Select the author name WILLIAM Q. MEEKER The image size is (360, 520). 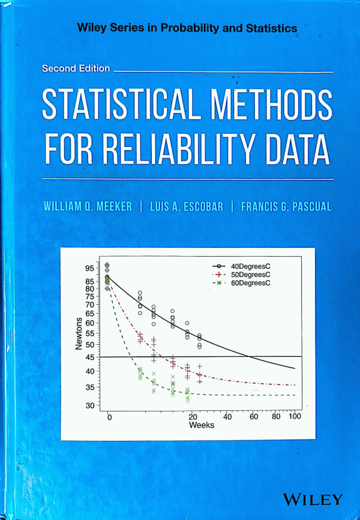click(88, 206)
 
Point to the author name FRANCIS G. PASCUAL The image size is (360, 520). click(286, 206)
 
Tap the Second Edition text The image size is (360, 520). click(76, 68)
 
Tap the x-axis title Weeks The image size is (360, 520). click(202, 425)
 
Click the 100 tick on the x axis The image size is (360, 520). click(294, 417)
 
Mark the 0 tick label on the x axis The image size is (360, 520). click(109, 417)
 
